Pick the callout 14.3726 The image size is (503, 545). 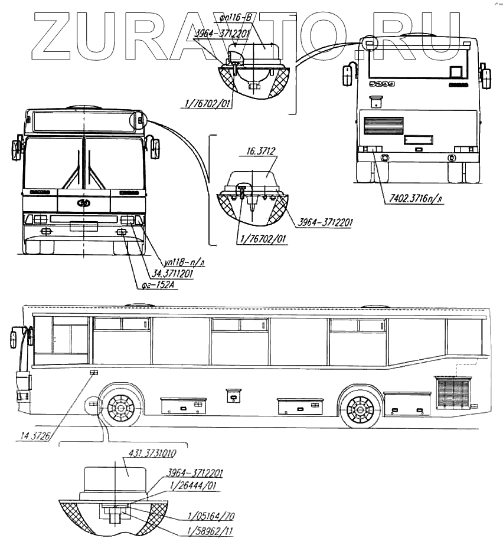pyautogui.click(x=35, y=436)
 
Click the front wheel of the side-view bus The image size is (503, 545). pyautogui.click(x=122, y=408)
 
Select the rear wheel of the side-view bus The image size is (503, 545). pyautogui.click(x=360, y=408)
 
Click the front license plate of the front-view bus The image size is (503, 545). pyautogui.click(x=84, y=225)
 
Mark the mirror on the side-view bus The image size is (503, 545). pyautogui.click(x=14, y=340)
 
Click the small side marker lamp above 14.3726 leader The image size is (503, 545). pyautogui.click(x=93, y=372)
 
